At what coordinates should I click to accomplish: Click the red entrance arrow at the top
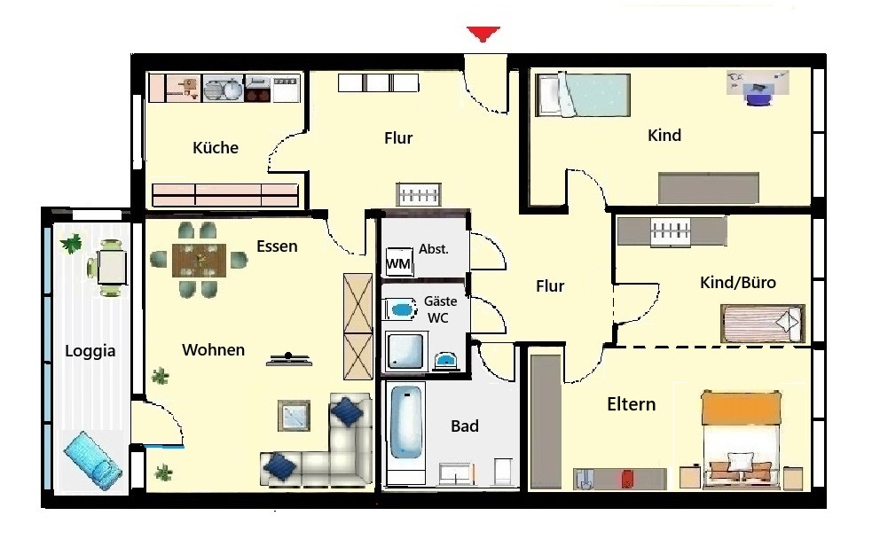[x=483, y=34]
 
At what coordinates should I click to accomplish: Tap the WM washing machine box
[x=398, y=262]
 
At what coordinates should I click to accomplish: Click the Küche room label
[x=216, y=148]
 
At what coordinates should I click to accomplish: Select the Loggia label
[x=90, y=351]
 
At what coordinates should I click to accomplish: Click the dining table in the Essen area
[x=199, y=260]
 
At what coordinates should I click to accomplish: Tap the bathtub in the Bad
[x=406, y=423]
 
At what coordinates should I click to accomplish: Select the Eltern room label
[x=632, y=404]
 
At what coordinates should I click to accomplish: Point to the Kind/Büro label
[x=738, y=283]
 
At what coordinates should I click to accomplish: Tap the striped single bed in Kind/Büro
[x=762, y=324]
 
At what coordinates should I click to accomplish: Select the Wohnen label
[x=214, y=350]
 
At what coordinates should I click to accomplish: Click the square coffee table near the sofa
[x=295, y=416]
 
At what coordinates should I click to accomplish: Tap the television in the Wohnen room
[x=288, y=359]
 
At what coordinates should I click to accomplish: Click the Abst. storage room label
[x=434, y=249]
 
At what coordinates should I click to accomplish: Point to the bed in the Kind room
[x=582, y=95]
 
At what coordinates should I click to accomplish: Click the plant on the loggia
[x=71, y=243]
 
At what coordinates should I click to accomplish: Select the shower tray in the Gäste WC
[x=405, y=352]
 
